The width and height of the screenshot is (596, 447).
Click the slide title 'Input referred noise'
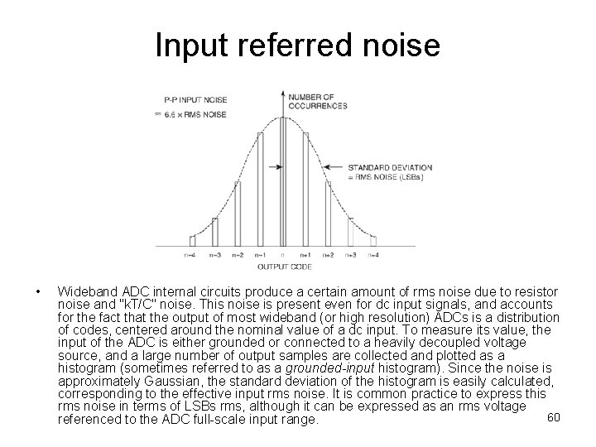[297, 45]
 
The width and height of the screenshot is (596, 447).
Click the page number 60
[554, 416]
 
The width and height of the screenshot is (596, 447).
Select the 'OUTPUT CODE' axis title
[284, 267]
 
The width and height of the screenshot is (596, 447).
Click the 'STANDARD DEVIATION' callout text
[377, 167]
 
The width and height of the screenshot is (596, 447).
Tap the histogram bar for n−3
[215, 232]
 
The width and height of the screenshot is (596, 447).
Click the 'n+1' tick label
[305, 256]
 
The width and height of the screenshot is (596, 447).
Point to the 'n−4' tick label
[191, 256]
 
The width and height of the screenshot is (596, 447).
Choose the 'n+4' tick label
[373, 256]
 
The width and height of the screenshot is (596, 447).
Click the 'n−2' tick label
[237, 256]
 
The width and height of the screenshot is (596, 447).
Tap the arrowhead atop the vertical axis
[283, 89]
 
